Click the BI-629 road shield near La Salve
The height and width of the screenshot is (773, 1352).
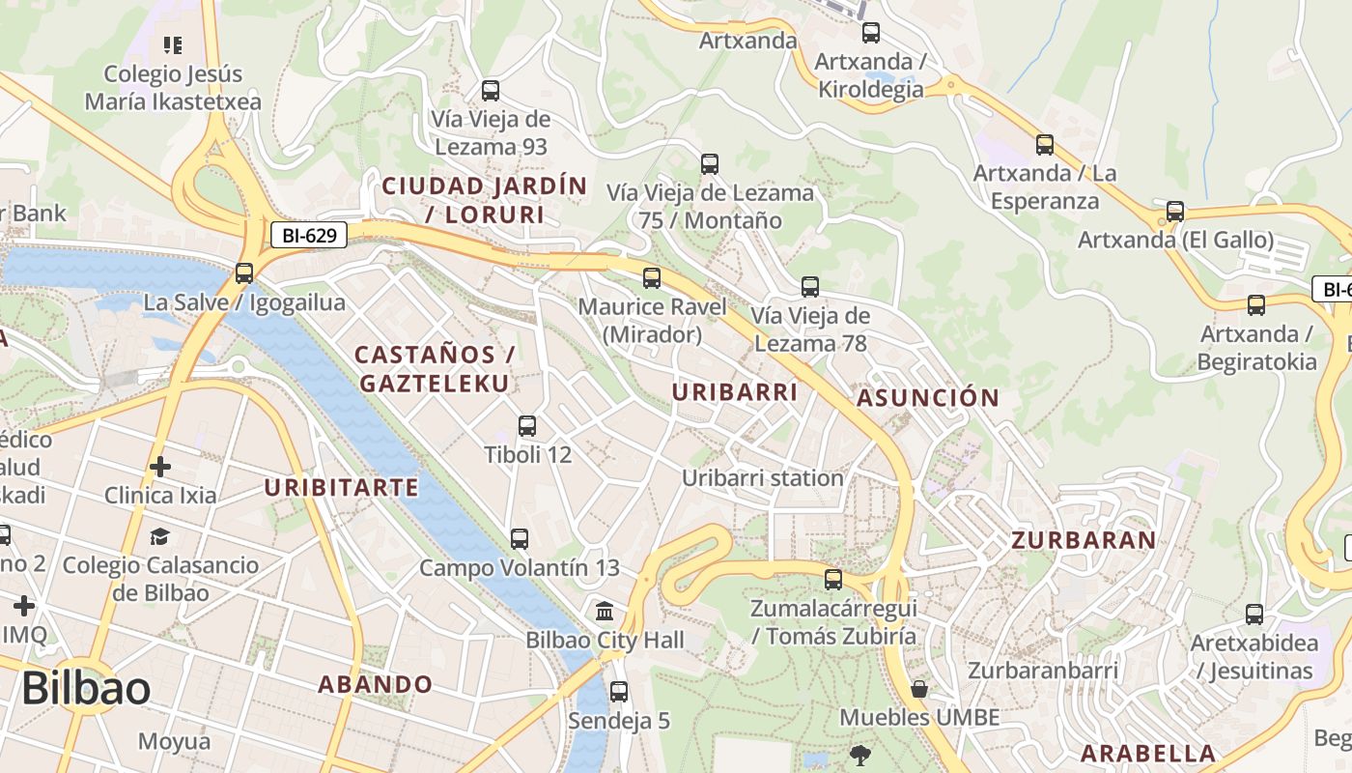click(308, 235)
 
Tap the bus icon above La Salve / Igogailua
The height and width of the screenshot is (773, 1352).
click(244, 273)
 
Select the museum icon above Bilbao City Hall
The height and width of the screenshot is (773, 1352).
click(605, 611)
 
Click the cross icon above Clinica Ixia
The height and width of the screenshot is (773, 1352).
click(160, 468)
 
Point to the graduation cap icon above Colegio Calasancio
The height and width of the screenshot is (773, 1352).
click(160, 536)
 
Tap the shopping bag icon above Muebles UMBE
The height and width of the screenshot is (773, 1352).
click(919, 689)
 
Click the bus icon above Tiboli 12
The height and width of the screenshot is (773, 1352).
click(527, 425)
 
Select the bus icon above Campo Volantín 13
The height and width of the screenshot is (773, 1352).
click(520, 538)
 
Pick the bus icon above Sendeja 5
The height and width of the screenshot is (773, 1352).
click(619, 692)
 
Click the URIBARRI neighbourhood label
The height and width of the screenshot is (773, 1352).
click(735, 392)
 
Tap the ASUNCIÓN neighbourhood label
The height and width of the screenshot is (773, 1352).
click(928, 398)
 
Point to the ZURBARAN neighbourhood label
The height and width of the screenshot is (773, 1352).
click(1084, 540)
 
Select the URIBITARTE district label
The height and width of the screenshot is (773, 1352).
click(342, 487)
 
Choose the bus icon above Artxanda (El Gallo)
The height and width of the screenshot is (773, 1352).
click(1175, 211)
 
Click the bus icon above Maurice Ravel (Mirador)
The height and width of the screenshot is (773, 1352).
click(652, 278)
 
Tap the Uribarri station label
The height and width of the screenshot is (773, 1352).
click(763, 478)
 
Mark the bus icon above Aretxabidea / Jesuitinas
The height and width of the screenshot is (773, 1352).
click(1254, 614)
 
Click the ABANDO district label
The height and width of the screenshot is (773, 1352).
click(376, 685)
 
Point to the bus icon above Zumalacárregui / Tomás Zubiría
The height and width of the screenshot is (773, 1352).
click(833, 580)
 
